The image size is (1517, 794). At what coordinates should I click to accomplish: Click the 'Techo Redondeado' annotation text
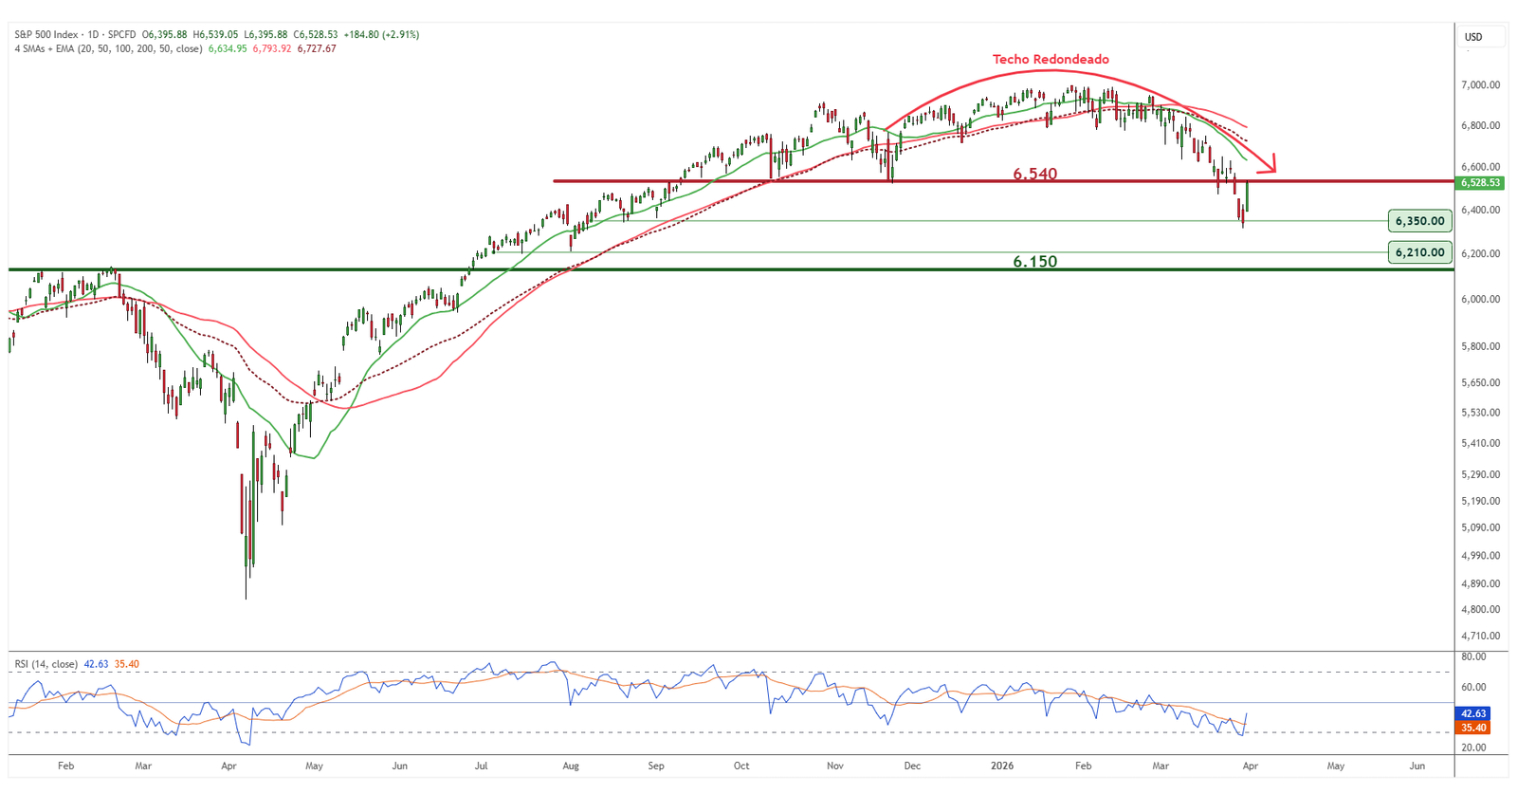pos(1051,59)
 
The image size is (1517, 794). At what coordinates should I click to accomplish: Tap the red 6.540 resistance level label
pos(1034,174)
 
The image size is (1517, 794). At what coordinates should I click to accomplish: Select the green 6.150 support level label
pos(1034,261)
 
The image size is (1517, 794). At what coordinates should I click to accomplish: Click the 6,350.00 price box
pos(1419,221)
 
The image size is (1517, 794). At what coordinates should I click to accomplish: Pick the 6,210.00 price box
pos(1419,252)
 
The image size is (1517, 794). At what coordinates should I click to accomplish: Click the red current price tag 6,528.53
pos(1480,182)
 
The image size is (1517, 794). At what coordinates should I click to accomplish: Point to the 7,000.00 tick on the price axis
pos(1480,85)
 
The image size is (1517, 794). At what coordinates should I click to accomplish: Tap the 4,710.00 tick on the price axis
pos(1480,636)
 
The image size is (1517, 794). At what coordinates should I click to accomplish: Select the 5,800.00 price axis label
pos(1480,346)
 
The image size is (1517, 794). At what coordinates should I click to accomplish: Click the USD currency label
pos(1473,37)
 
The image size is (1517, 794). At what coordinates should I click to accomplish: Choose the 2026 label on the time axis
pos(1002,766)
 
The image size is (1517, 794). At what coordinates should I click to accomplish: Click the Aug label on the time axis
pos(571,766)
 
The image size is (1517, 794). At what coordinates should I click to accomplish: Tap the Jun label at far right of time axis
pos(1416,766)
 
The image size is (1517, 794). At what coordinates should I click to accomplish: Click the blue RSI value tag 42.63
pos(1473,713)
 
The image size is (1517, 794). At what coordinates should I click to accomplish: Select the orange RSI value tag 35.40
pos(1473,728)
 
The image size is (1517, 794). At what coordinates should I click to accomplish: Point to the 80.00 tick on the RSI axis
pos(1473,656)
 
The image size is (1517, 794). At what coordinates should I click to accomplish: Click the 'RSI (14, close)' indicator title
pos(46,664)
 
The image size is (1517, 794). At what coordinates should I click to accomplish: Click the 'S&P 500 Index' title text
pos(46,34)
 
